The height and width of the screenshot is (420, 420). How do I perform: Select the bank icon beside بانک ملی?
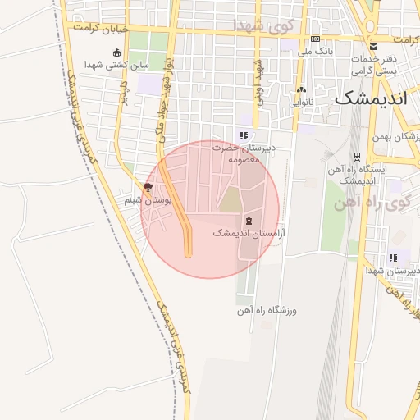click(x=316, y=39)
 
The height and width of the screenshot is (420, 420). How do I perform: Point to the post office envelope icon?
click(x=374, y=46)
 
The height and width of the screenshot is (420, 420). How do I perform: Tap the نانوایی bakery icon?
click(x=302, y=90)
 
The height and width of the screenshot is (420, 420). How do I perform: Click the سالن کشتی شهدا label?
click(x=120, y=65)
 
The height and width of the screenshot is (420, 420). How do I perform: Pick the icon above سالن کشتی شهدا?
click(x=116, y=52)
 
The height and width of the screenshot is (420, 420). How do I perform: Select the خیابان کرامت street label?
click(x=102, y=30)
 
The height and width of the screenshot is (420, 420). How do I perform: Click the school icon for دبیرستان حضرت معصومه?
click(x=243, y=135)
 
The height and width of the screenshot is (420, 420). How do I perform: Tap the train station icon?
click(x=356, y=157)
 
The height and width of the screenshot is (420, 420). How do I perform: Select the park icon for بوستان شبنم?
click(x=148, y=188)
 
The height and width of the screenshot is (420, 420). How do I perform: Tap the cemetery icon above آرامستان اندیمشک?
click(x=249, y=221)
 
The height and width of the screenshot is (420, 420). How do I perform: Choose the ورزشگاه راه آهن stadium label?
click(x=266, y=311)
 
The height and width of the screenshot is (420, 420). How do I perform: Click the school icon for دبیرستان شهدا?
click(x=393, y=258)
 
